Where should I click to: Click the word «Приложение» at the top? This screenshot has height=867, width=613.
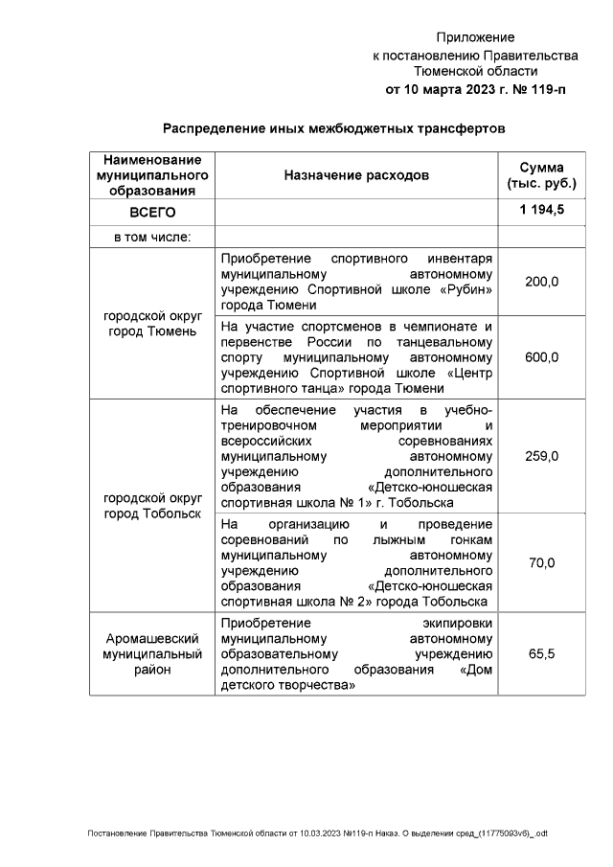pyautogui.click(x=475, y=37)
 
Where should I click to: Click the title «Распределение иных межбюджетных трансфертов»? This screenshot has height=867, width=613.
pyautogui.click(x=332, y=127)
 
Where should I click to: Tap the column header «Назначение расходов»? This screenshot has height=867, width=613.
pyautogui.click(x=356, y=175)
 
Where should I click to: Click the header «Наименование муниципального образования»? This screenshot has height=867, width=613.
pyautogui.click(x=152, y=175)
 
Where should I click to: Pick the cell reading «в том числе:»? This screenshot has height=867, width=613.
pyautogui.click(x=152, y=237)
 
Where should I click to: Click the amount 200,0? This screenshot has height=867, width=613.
pyautogui.click(x=541, y=282)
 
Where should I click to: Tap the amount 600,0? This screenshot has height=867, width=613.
pyautogui.click(x=541, y=356)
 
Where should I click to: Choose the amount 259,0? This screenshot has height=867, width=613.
pyautogui.click(x=541, y=456)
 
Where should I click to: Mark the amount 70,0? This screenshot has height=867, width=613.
pyautogui.click(x=541, y=562)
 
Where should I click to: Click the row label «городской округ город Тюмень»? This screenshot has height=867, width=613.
pyautogui.click(x=152, y=323)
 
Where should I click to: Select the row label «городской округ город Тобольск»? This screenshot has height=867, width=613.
pyautogui.click(x=152, y=507)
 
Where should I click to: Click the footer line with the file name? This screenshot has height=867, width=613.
pyautogui.click(x=317, y=833)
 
